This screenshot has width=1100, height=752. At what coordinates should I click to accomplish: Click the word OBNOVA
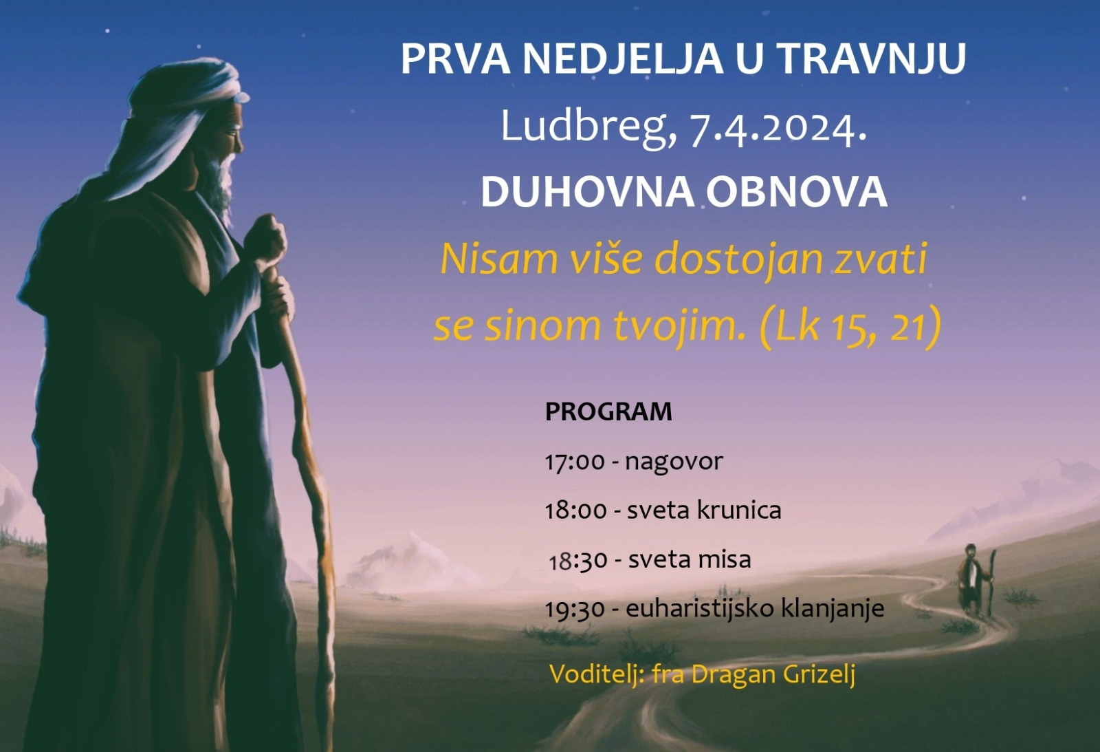[797, 192]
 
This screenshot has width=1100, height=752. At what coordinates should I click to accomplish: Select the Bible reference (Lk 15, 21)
[850, 326]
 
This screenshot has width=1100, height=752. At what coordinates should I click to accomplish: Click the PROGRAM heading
[608, 411]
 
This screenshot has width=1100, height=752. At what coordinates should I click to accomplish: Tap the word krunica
[738, 511]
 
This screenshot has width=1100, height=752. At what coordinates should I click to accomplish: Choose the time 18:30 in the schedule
[578, 560]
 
